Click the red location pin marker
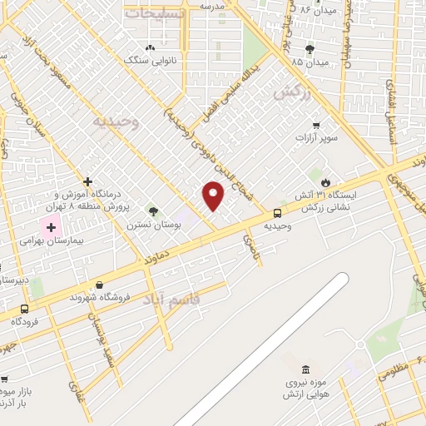tap(214, 196)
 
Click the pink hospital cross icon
tap(51, 225)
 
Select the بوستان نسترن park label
tap(151, 225)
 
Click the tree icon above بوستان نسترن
tap(152, 211)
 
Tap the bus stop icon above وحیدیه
tap(277, 213)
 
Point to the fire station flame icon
tap(325, 181)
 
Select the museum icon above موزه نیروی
tap(305, 369)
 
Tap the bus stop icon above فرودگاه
tap(26, 309)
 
